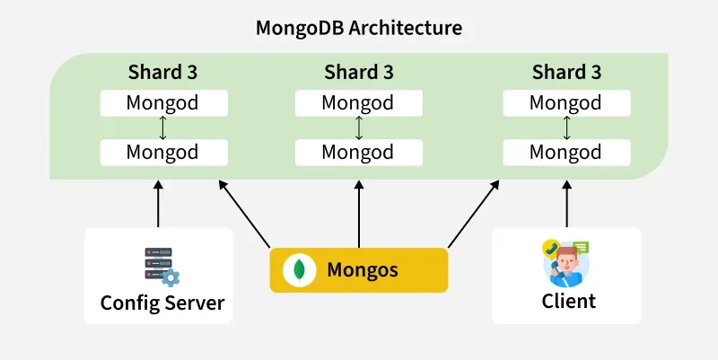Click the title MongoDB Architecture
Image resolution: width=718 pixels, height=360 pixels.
pyautogui.click(x=359, y=28)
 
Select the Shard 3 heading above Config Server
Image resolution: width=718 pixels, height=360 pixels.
pyautogui.click(x=162, y=72)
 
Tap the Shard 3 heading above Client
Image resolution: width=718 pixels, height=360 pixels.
pyautogui.click(x=566, y=72)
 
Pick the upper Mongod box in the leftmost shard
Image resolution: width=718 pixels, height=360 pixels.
pyautogui.click(x=162, y=102)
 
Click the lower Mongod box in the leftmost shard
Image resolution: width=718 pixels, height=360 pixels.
pyautogui.click(x=162, y=152)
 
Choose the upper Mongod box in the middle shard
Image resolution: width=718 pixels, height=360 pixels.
pyautogui.click(x=358, y=102)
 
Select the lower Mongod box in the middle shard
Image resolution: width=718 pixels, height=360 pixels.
pyautogui.click(x=358, y=152)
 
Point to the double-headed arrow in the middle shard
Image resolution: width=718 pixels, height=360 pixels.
pyautogui.click(x=358, y=127)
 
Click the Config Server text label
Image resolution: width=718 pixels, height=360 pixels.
pyautogui.click(x=162, y=302)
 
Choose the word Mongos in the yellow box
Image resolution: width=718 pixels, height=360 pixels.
pyautogui.click(x=363, y=269)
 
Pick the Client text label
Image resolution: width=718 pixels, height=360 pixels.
pyautogui.click(x=568, y=301)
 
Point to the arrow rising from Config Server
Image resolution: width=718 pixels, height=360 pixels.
pyautogui.click(x=159, y=204)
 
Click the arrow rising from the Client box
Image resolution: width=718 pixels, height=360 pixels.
pyautogui.click(x=566, y=204)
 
